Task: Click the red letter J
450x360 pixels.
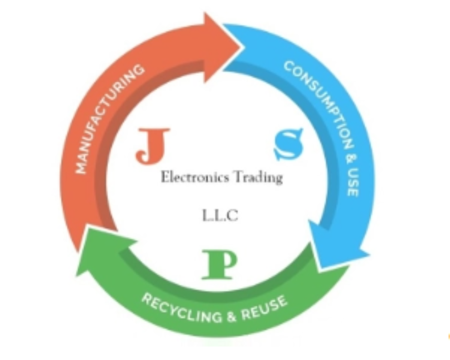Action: [x=152, y=146]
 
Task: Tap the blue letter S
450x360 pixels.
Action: [x=288, y=144]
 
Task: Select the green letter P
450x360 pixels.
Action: [x=220, y=265]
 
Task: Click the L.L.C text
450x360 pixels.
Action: [x=220, y=215]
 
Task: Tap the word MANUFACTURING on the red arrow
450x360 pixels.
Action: [x=109, y=119]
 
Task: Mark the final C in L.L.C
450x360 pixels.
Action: [x=233, y=215]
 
